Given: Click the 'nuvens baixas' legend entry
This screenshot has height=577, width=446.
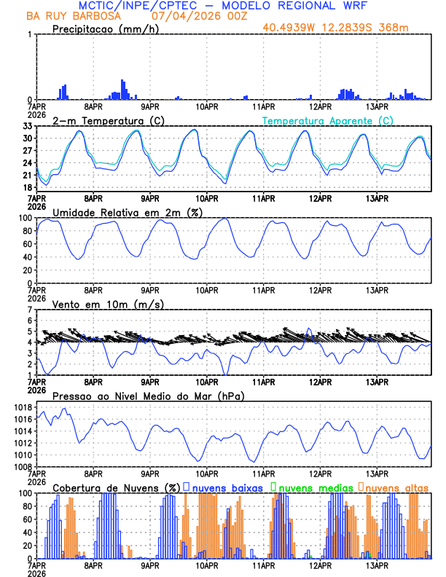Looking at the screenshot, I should point(227,487).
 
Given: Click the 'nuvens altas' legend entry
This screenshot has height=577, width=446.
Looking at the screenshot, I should point(394,487).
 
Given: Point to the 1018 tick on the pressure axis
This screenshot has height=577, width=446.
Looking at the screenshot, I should point(24,407).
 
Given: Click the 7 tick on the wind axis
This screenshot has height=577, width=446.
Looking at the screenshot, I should point(30,310).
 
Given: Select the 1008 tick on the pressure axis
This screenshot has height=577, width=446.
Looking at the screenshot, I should point(24,466).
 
